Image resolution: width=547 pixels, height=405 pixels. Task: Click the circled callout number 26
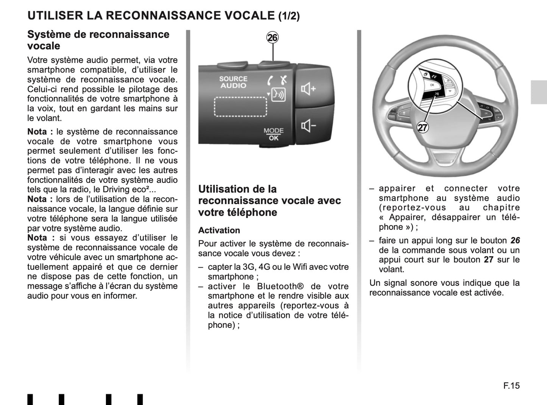coord(273,37)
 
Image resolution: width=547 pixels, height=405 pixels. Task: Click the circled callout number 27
coord(422,128)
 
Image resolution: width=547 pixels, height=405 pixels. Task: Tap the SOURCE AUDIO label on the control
coord(233,82)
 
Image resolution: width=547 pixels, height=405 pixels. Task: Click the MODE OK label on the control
coord(273,134)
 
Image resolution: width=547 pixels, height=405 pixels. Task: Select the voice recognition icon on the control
coord(279,95)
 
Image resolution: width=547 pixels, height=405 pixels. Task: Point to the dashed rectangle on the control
coord(241,106)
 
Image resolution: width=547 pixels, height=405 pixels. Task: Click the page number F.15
coord(511,385)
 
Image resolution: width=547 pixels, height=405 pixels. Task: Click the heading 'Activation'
coord(219,231)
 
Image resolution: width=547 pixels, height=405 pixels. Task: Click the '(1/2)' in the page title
coord(289,16)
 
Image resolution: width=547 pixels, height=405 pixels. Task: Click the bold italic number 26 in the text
coord(515,240)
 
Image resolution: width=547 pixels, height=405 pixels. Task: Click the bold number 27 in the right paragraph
coord(488,260)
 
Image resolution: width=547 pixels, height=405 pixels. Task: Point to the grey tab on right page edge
coord(539,92)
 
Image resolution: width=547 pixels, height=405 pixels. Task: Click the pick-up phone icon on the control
coord(270,80)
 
